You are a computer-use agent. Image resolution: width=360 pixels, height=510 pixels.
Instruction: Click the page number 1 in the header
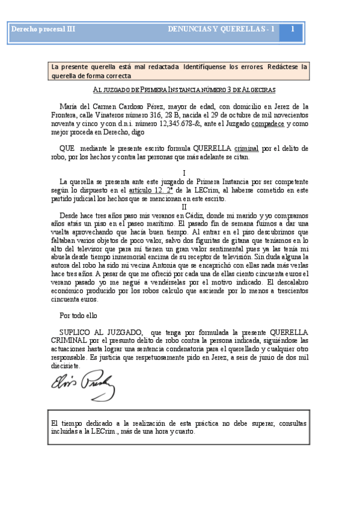(292, 29)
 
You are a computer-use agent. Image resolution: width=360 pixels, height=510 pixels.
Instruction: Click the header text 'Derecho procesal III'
(43, 29)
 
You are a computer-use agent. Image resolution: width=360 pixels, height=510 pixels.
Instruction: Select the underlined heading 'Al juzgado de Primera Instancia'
(184, 90)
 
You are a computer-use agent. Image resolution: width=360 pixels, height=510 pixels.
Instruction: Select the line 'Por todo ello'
(78, 315)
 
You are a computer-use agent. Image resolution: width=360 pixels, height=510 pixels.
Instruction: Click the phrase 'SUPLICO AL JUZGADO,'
(102, 332)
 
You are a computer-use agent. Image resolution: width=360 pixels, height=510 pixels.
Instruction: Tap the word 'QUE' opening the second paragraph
(67, 148)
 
